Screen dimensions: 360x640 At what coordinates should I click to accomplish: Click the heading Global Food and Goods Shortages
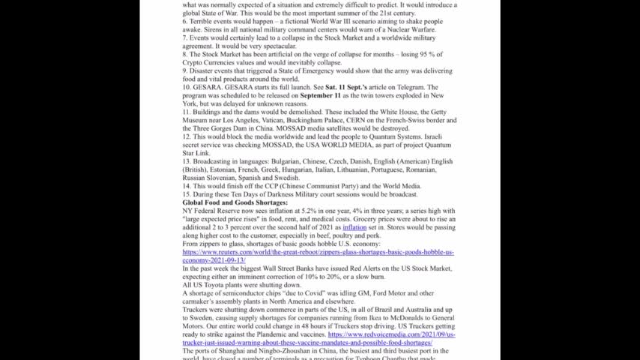tap(235, 202)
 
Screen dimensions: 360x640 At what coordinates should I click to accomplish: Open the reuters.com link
tap(318, 252)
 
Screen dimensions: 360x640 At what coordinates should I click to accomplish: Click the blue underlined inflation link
tap(354, 226)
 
